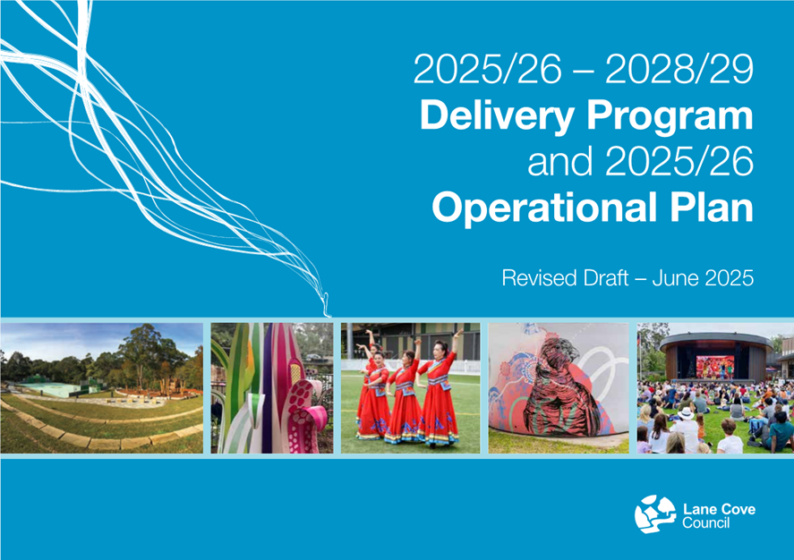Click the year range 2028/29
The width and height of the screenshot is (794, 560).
679,69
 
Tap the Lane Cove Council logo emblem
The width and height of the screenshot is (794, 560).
654,514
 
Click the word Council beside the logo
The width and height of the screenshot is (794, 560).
706,522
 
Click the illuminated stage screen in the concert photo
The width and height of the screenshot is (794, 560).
715,366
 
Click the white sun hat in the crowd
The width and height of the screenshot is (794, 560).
686,413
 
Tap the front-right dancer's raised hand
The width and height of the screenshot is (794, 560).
459,334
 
